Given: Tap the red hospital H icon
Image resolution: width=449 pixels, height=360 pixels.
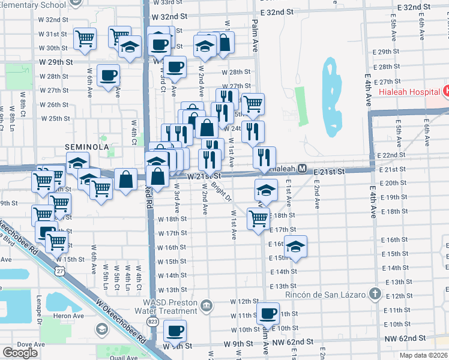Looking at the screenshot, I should click(445, 92).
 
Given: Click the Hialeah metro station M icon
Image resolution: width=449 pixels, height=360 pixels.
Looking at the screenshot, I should click(303, 169).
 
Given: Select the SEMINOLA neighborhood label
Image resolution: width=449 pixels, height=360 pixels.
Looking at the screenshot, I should click(87, 147).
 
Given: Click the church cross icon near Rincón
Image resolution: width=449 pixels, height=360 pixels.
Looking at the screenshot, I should click(375, 294).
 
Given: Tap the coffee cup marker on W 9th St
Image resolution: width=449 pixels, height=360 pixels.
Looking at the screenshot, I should click(175, 331).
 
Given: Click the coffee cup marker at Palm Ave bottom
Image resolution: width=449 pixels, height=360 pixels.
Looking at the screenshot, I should click(268, 313).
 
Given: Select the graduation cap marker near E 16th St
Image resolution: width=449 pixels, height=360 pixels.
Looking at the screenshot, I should click(295, 246).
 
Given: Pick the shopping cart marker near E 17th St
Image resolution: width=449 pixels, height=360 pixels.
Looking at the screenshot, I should click(258, 218).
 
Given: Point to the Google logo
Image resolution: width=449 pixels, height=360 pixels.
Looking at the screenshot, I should click(20, 353).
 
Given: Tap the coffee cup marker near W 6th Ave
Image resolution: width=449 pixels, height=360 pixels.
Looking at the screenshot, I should click(108, 76).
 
